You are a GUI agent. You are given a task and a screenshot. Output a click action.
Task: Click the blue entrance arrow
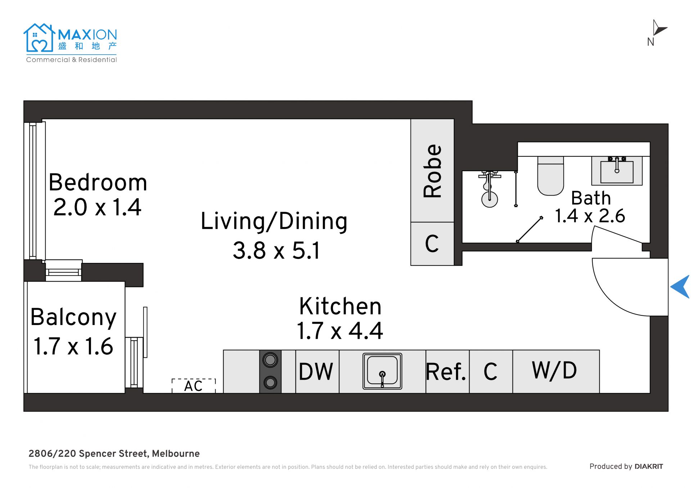point(681,287)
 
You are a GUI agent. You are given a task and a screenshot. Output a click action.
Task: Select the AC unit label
point(194,386)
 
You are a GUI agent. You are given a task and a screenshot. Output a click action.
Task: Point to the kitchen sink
point(382,371)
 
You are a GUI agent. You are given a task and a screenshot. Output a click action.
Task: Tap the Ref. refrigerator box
point(447,371)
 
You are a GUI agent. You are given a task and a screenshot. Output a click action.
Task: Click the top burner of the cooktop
point(270,360)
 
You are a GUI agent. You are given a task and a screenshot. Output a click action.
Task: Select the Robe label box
point(432,170)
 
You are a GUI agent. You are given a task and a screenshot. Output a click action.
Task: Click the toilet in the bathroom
point(551,176)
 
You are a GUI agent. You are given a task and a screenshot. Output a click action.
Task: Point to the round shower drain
point(489,200)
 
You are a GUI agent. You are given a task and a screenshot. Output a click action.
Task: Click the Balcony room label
point(74,317)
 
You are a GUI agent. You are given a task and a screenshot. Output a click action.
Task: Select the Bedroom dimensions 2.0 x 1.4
point(97,207)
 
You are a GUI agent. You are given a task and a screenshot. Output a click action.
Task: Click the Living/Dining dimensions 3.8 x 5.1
point(276,250)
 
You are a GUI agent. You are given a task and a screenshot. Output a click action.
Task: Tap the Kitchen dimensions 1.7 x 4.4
point(340,331)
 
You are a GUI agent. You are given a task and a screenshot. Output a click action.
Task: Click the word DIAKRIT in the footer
point(649,466)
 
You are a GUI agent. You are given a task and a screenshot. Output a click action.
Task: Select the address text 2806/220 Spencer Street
point(89,453)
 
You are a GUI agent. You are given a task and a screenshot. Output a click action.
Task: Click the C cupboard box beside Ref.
point(491,371)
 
